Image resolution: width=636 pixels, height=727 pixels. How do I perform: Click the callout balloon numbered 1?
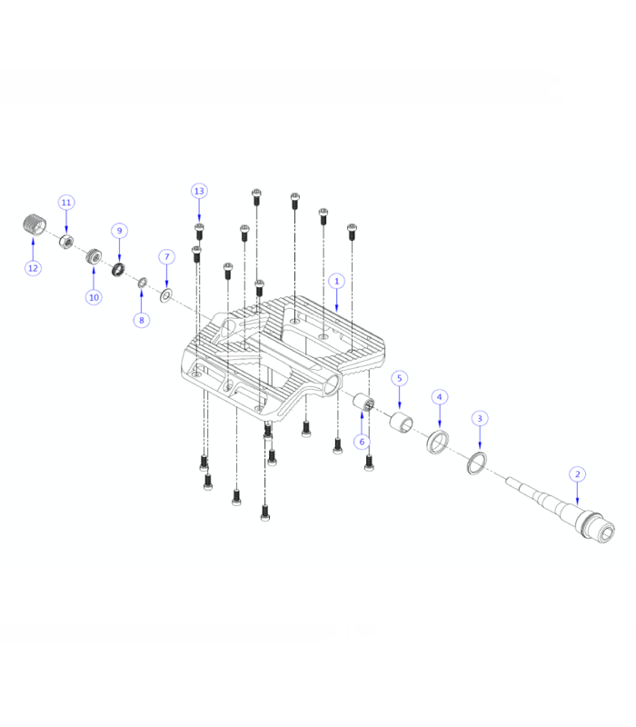tap(336, 282)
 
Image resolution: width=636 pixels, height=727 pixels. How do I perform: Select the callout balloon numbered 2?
tap(576, 474)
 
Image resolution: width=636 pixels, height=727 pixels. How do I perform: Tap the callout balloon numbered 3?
tap(481, 418)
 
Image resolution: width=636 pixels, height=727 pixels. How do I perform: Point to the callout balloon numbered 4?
tap(440, 397)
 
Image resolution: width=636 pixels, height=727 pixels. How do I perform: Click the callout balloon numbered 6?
tap(361, 442)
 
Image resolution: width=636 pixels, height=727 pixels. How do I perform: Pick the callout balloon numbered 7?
tap(166, 257)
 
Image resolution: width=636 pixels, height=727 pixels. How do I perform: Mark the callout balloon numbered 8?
tap(140, 320)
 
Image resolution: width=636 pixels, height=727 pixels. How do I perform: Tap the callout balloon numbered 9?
tap(118, 231)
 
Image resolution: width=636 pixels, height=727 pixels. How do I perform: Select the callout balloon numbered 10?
tap(93, 297)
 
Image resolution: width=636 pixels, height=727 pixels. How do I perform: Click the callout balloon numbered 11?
tap(66, 202)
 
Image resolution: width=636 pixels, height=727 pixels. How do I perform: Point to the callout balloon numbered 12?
tap(33, 268)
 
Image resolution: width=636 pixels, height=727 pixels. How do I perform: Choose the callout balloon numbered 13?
tap(199, 191)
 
